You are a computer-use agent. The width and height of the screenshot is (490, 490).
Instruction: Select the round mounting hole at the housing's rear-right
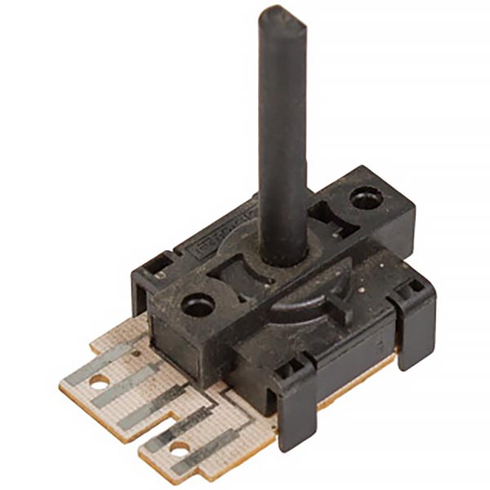tap(364, 198)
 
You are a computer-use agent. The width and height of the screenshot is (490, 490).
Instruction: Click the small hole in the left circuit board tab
tap(99, 381)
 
